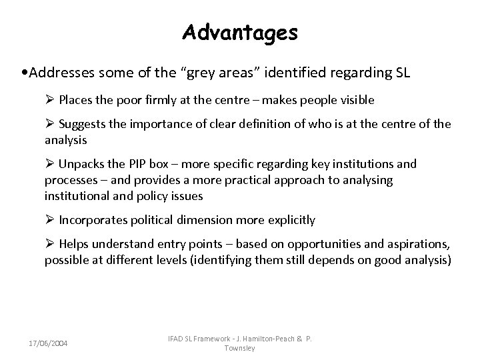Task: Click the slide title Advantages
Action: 240,31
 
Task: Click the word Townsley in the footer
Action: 241,348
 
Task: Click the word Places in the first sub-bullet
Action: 75,100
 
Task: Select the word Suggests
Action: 81,123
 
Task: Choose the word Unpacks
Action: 79,164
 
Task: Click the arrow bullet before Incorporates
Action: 49,219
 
